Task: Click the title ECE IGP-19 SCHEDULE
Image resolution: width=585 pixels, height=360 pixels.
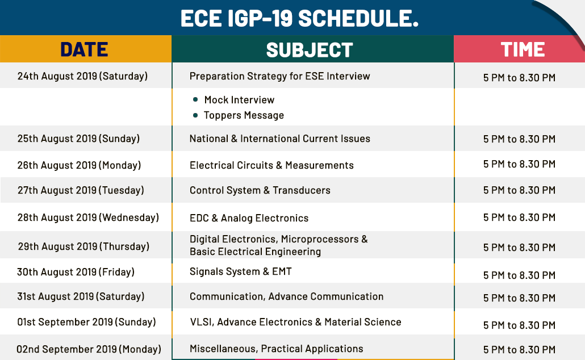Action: (x=299, y=18)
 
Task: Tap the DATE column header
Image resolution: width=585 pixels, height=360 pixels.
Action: (x=84, y=49)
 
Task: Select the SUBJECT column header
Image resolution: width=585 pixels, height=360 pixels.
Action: (x=310, y=49)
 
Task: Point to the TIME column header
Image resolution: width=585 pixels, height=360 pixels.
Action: (x=523, y=49)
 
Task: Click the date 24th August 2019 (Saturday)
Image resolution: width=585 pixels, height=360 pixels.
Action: (x=82, y=76)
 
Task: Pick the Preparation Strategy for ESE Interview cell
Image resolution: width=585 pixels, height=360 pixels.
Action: (x=280, y=76)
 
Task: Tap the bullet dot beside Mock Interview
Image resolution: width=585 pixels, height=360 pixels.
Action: (x=195, y=99)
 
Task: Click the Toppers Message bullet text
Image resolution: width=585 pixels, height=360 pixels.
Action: (x=244, y=115)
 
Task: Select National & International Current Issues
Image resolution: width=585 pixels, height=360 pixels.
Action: (x=280, y=139)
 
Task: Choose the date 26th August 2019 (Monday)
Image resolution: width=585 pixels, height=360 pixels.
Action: (x=79, y=165)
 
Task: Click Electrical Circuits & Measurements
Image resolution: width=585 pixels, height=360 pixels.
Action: (x=271, y=165)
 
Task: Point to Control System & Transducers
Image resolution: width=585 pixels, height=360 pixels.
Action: (x=260, y=190)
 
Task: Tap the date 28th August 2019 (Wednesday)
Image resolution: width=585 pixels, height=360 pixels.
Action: (x=88, y=217)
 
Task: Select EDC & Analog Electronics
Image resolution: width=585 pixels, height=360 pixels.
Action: (x=249, y=218)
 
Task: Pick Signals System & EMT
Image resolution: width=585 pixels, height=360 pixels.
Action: (x=241, y=271)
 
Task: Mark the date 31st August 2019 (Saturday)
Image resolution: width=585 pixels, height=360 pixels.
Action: (x=81, y=296)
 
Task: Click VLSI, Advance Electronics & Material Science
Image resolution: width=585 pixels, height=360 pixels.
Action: (x=295, y=322)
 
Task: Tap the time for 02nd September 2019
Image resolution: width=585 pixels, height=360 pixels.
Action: (x=519, y=350)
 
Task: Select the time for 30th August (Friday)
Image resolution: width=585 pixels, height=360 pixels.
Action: (x=519, y=275)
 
